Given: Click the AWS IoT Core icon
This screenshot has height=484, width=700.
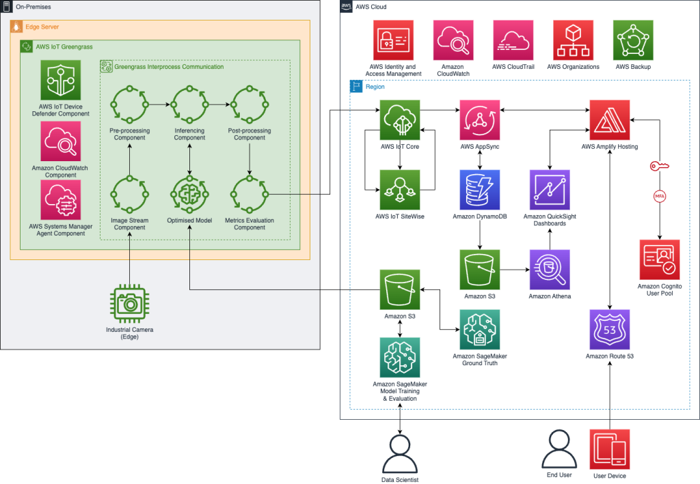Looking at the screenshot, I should click(400, 120).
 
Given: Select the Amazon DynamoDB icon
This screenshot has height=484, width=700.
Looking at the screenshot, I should click(480, 190).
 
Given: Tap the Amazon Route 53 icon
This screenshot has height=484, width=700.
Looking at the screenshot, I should click(610, 330).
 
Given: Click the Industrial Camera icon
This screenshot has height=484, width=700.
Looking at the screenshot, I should click(129, 303).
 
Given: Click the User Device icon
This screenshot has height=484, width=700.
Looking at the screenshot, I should click(610, 449).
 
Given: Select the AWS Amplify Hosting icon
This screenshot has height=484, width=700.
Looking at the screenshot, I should click(610, 120).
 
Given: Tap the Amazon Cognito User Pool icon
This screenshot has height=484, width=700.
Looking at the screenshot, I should click(659, 259).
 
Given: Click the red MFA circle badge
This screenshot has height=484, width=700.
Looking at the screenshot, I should click(660, 197).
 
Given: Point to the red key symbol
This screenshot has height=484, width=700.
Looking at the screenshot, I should click(660, 166).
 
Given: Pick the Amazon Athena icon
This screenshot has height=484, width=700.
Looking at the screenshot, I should click(550, 270).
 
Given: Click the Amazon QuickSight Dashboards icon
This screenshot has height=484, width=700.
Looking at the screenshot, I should click(550, 190).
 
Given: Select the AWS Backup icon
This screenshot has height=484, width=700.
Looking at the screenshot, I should click(633, 40).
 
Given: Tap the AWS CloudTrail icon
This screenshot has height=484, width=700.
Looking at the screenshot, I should click(513, 40).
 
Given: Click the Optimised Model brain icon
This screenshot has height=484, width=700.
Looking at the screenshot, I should click(189, 195).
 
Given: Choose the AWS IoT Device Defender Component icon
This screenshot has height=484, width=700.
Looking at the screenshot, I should click(60, 80).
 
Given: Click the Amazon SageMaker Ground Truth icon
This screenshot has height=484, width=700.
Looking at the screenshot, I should click(480, 330).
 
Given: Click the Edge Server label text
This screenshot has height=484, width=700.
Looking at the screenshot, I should click(42, 27).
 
